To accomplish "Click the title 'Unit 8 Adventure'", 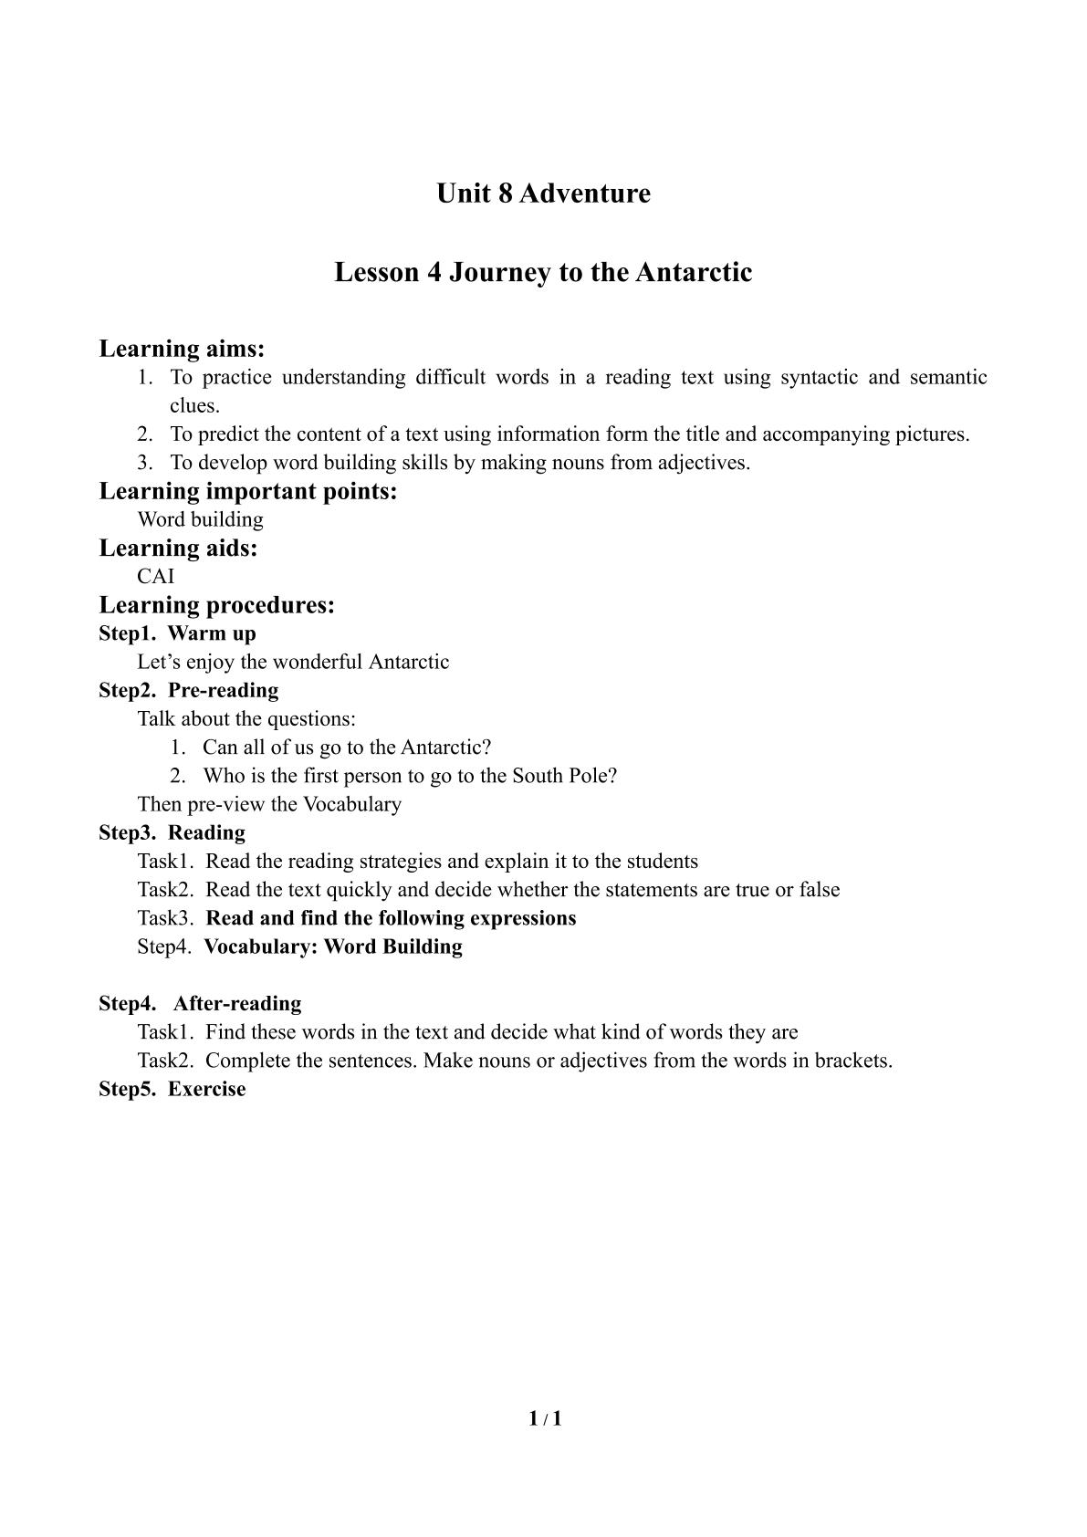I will tap(543, 193).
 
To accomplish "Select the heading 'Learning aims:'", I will tap(182, 349).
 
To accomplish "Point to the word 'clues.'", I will tap(194, 405).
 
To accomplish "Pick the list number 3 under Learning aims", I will tap(144, 463).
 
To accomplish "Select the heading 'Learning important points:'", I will tap(248, 491).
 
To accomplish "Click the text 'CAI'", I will tap(155, 577).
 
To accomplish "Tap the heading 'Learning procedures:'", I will tap(217, 605).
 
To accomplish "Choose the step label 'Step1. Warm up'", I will tap(177, 633).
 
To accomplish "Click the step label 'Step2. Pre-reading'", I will tap(188, 690).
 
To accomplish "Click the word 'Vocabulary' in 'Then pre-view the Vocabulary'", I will tap(352, 804).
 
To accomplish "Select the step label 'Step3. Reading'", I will tap(172, 832).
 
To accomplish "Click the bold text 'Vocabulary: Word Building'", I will tap(333, 946).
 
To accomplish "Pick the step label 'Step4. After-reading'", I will tap(200, 1004).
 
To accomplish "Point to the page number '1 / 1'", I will tap(545, 1419).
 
